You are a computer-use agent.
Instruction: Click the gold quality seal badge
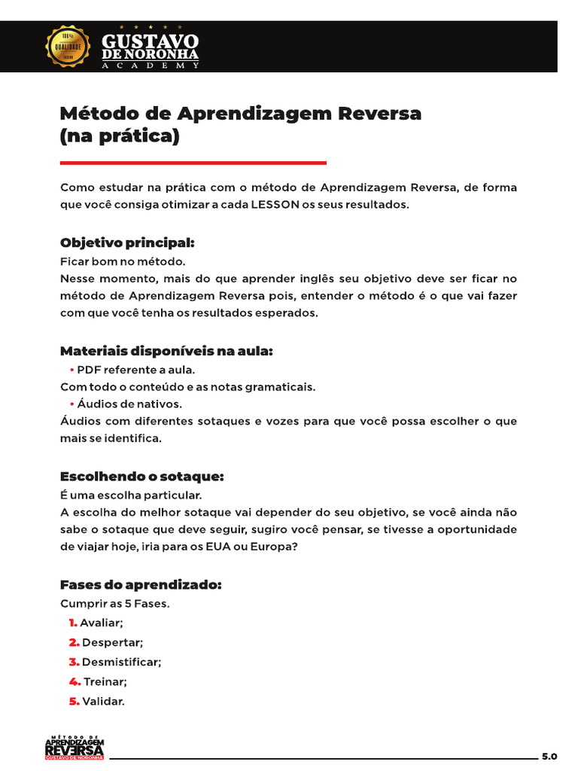68,46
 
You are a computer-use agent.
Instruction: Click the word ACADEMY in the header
151,66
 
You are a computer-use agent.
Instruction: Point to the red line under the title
193,163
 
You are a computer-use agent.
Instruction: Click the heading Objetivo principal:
127,243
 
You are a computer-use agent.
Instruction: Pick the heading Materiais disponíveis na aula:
166,351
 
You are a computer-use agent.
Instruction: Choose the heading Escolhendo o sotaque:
141,477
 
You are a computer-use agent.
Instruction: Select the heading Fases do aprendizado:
140,585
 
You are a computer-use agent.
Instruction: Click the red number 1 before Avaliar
72,623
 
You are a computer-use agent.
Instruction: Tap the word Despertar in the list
111,642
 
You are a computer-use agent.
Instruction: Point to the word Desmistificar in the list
120,662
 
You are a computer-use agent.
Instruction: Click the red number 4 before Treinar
74,681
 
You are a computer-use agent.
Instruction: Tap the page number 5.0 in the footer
549,755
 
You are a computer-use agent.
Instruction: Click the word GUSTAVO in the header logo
151,42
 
